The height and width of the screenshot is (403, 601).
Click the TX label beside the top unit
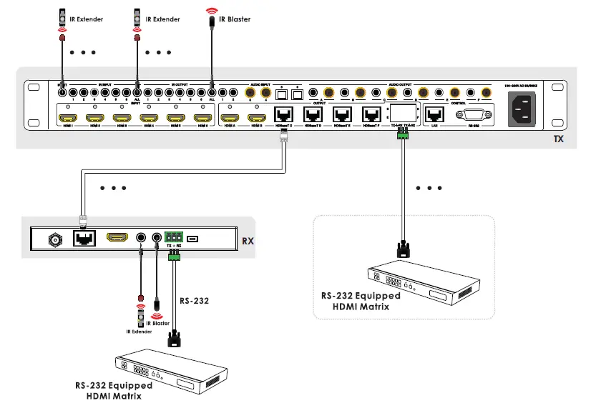[x=559, y=139]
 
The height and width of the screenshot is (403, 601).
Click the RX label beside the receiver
[x=248, y=241]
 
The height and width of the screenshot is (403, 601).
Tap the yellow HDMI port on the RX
[x=117, y=239]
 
